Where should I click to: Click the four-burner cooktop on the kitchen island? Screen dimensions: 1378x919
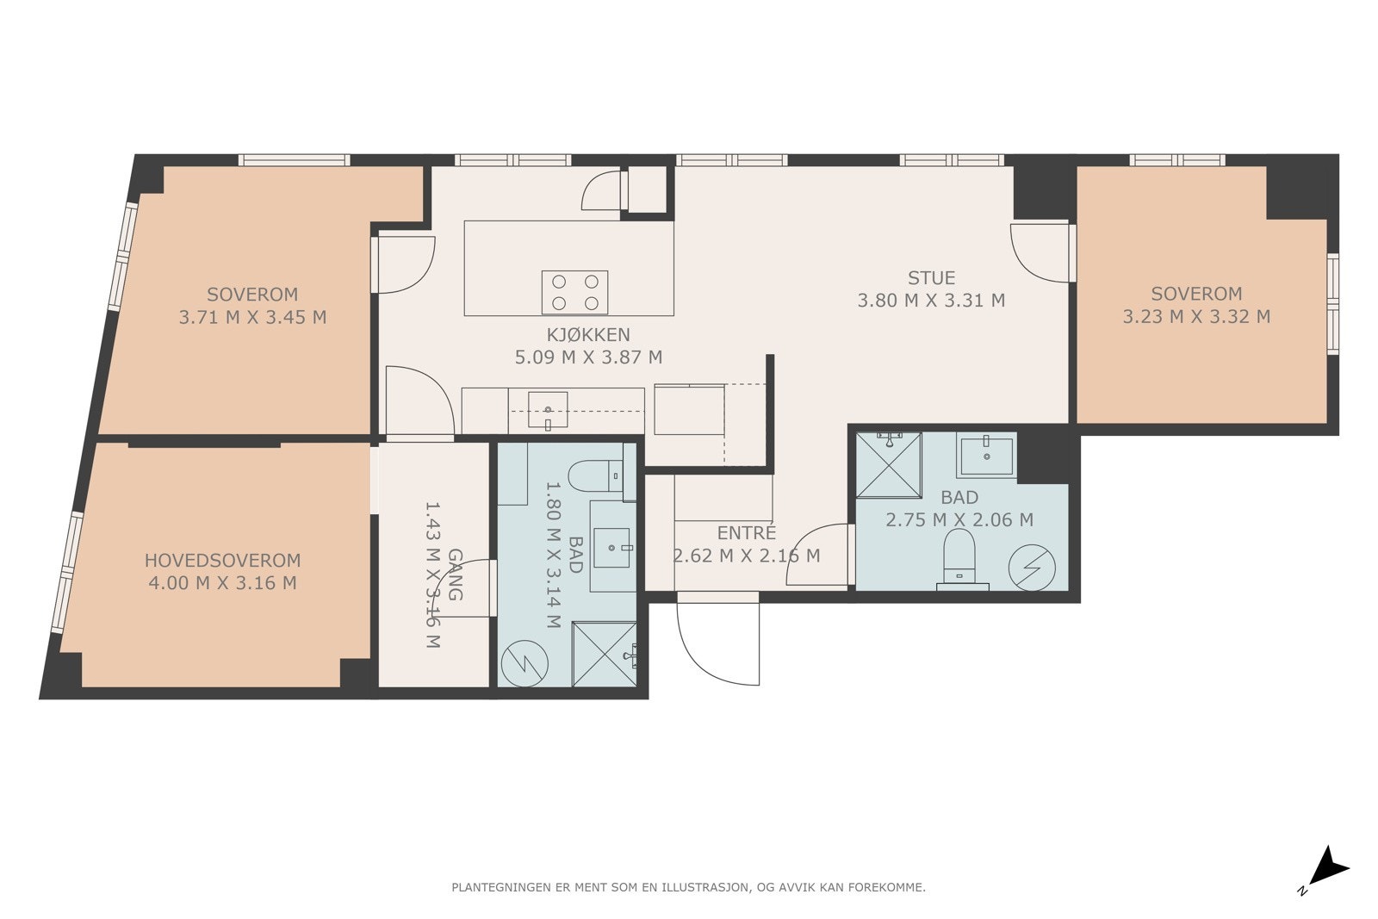coord(574,292)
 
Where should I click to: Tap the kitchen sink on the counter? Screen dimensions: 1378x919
coord(548,410)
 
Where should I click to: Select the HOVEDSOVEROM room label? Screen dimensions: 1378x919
coord(223,561)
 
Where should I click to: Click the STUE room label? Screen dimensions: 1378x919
coord(931,278)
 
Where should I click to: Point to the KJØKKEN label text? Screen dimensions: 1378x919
coord(589,335)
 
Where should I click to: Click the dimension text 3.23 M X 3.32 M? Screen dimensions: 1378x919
coord(1196,316)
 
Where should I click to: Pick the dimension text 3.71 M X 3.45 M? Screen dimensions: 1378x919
coord(252,318)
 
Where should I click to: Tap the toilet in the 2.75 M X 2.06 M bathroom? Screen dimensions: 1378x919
coord(959,557)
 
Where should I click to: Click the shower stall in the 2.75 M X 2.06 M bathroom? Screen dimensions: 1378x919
coord(888,464)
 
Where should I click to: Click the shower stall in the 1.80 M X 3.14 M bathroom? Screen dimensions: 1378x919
coord(604,654)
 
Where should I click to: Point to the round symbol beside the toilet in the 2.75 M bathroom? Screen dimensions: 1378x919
coord(1032,568)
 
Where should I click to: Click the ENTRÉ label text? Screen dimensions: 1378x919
coord(746,532)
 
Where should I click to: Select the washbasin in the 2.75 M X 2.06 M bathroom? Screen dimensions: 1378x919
coord(986,456)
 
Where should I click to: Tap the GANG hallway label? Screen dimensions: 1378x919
coord(456,574)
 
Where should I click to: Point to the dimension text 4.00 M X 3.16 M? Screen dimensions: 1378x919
coord(223,582)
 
